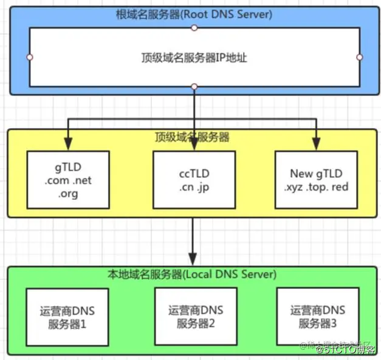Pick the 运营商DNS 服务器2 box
click(193, 316)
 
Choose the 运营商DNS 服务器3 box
click(318, 316)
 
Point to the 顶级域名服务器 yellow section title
click(193, 137)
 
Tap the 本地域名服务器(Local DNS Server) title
click(193, 274)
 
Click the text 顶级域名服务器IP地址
click(193, 58)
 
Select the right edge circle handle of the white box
click(359, 57)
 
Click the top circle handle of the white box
click(194, 27)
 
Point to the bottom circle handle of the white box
click(194, 87)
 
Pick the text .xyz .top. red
click(316, 186)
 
